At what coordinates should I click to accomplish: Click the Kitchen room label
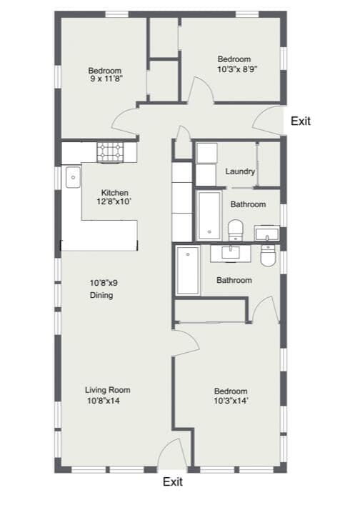114,193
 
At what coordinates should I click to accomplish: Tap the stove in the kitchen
111,152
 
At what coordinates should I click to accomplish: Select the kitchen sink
73,177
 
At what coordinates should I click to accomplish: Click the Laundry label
240,171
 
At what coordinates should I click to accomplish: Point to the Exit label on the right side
301,121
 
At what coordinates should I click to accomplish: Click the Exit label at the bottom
173,481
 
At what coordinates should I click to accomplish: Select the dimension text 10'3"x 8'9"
237,69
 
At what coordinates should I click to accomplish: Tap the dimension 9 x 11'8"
106,79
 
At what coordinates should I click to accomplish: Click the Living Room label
108,390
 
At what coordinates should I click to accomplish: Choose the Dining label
101,295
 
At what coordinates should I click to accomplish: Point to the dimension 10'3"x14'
231,401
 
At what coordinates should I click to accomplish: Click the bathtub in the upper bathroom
209,216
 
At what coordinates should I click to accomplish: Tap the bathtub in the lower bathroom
188,270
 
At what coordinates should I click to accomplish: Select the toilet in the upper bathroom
236,230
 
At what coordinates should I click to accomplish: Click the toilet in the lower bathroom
269,256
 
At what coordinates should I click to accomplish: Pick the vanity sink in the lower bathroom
231,254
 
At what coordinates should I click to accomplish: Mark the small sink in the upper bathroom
266,233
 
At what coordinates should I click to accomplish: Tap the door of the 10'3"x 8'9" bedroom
202,90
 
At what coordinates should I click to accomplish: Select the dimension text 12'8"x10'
114,201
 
